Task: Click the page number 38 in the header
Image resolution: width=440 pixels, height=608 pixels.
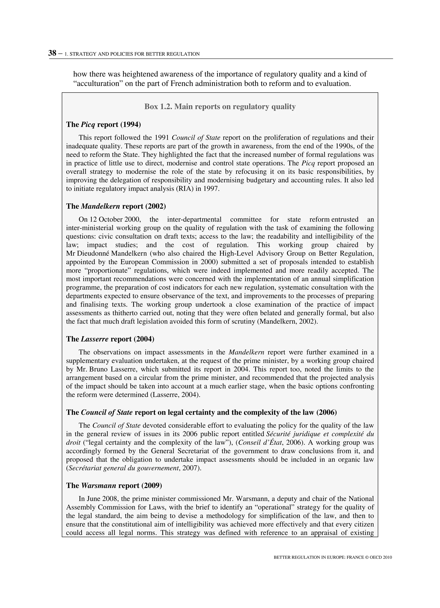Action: [52, 53]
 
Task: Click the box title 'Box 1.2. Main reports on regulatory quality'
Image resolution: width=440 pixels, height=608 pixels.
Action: [220, 107]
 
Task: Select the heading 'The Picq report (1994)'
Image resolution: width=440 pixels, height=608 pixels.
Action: [103, 124]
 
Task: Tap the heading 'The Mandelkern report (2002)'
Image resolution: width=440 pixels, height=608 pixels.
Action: [116, 206]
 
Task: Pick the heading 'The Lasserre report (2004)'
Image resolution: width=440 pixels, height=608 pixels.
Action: [110, 339]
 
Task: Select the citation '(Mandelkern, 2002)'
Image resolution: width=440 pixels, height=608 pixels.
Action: [287, 321]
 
